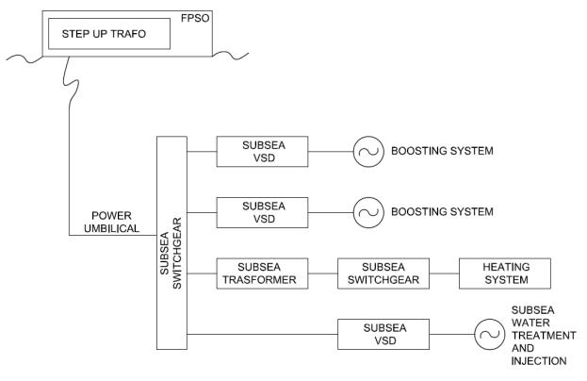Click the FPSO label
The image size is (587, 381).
click(195, 18)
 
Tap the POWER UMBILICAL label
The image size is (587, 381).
click(111, 223)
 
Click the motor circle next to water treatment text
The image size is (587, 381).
click(475, 334)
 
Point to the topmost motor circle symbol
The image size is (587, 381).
click(353, 151)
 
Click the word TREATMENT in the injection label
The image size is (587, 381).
click(544, 336)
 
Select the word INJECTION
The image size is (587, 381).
click(539, 361)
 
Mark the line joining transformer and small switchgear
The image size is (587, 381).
click(322, 273)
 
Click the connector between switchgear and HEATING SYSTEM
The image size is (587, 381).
click(444, 273)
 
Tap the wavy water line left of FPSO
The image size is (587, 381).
click(24, 58)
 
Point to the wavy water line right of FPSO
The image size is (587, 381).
click(231, 56)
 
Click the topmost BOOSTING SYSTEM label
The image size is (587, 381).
click(442, 151)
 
